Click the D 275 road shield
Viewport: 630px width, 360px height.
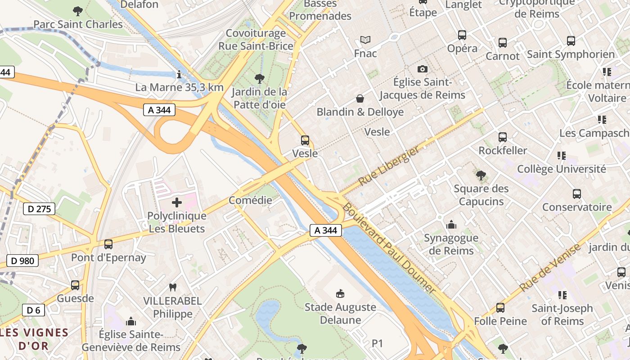39,209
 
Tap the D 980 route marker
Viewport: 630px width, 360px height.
22,261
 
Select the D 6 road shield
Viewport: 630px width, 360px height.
33,310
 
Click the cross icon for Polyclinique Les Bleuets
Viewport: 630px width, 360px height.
177,202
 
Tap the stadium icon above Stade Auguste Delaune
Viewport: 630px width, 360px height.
340,294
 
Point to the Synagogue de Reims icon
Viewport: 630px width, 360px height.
451,224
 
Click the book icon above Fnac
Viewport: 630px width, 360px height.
365,40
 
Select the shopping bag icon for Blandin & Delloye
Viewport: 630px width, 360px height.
360,98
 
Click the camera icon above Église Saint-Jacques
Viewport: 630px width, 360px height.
422,69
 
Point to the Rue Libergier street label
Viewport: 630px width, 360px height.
390,166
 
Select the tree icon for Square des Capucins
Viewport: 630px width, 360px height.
481,175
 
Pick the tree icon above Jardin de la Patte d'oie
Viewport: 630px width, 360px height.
259,79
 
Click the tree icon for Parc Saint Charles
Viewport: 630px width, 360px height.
78,11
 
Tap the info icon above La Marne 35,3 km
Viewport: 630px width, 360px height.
179,74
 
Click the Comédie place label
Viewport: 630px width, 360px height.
250,200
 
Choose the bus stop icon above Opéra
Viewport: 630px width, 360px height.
462,35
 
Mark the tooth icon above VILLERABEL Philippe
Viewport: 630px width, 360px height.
172,287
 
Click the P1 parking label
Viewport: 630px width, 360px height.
377,343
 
